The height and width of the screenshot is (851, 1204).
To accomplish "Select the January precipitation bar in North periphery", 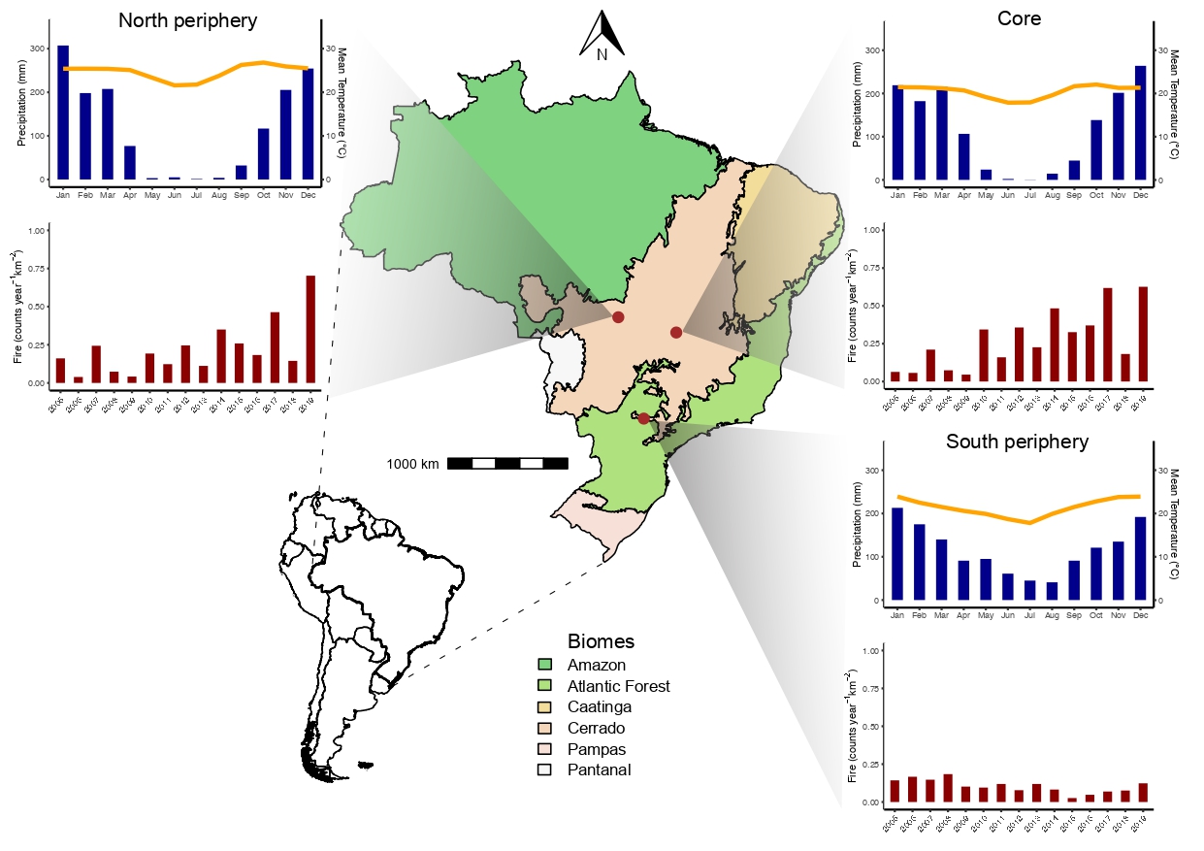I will tap(63, 113).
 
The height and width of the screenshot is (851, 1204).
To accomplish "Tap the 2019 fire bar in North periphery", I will tap(310, 330).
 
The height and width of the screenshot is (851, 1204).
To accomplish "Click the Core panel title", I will tap(1019, 18).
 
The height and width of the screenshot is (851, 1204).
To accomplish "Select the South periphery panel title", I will tap(1017, 442).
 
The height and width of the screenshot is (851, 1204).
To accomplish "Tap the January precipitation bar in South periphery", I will tap(896, 554).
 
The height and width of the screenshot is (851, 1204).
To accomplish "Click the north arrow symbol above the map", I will tap(602, 34).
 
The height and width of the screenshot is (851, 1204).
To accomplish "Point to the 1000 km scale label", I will tap(412, 464).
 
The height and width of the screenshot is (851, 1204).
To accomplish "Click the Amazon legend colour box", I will tap(545, 666).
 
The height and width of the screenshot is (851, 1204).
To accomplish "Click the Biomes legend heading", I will tap(601, 641).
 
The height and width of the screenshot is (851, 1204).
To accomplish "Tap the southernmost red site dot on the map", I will tap(643, 418).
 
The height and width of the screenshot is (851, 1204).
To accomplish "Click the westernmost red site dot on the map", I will tap(618, 317).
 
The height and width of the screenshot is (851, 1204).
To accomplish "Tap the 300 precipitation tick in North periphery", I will tap(36, 49).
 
